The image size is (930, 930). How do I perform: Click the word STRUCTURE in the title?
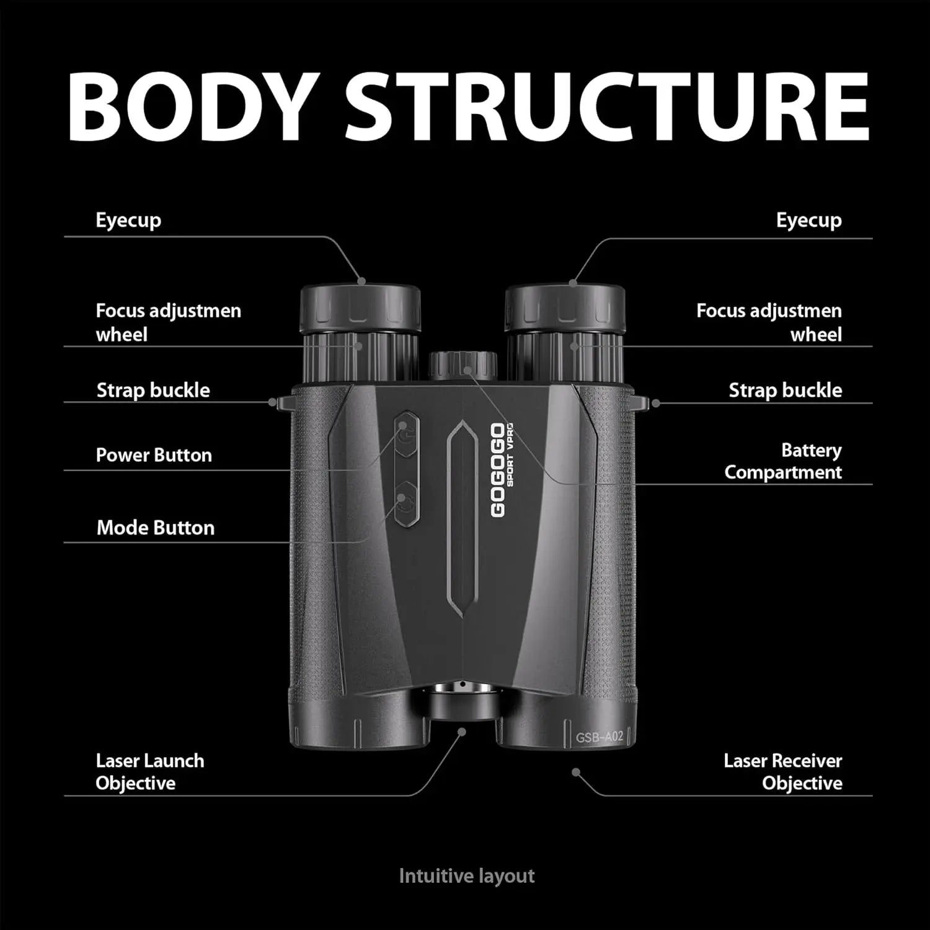(606, 107)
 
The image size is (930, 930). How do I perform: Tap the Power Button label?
(154, 455)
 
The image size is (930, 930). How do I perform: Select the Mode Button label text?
(156, 528)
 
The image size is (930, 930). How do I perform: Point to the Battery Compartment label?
(783, 461)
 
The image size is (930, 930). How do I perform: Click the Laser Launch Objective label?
(149, 772)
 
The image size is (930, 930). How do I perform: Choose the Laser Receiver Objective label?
(783, 772)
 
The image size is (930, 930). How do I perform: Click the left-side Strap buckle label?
(153, 390)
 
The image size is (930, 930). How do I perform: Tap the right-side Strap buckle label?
(785, 390)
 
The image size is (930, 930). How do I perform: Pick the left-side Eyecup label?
(128, 220)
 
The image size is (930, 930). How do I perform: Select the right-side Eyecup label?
(808, 220)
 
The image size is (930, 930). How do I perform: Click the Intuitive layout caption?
(466, 876)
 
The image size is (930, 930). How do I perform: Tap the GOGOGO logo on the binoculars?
(498, 470)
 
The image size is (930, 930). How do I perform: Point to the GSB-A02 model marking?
(599, 737)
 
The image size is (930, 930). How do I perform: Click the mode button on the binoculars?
(406, 503)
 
